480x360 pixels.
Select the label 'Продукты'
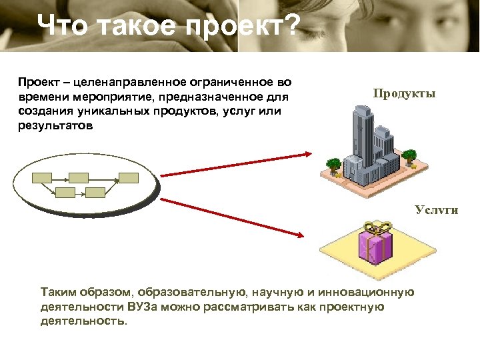tap(404, 93)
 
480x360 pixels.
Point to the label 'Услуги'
tap(437, 210)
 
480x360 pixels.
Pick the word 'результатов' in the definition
tap(56, 125)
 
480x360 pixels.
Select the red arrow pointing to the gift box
tap(233, 217)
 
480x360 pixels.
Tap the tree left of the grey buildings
tap(333, 163)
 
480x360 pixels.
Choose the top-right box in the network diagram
tap(129, 178)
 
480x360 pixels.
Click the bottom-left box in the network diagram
tap(65, 192)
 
